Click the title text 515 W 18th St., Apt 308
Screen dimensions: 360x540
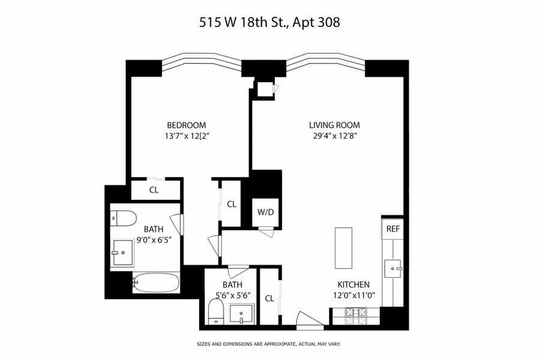point(269,23)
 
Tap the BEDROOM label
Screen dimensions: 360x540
point(186,125)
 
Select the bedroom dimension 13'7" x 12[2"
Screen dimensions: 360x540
point(186,136)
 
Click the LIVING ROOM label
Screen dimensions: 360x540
point(334,125)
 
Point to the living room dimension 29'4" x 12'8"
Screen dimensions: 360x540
point(334,136)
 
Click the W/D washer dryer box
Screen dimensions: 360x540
point(265,211)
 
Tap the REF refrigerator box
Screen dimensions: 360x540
point(393,229)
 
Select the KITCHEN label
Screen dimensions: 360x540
point(353,284)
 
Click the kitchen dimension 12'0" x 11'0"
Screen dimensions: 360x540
point(353,295)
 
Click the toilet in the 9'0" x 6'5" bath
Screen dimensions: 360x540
point(122,217)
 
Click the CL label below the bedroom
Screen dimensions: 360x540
point(154,190)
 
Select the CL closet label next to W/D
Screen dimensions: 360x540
point(232,204)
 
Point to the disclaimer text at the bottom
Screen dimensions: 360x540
point(269,344)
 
